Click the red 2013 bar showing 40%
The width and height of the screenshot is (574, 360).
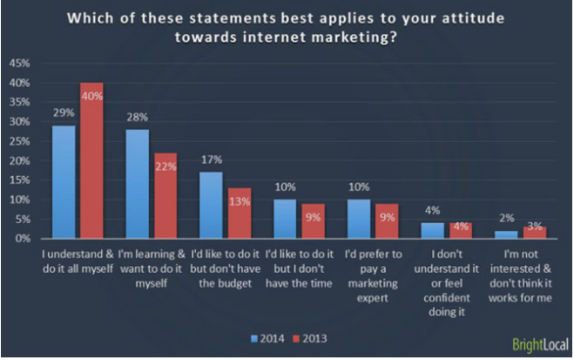tap(91, 161)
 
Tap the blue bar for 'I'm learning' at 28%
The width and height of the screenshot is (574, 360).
tap(136, 184)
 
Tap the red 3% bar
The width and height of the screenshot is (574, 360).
tap(534, 233)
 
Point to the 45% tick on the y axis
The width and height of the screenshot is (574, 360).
tap(19, 64)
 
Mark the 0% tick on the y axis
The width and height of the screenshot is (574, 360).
tap(22, 239)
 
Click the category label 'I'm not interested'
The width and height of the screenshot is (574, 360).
tap(520, 255)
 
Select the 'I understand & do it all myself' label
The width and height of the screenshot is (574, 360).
tap(79, 261)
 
